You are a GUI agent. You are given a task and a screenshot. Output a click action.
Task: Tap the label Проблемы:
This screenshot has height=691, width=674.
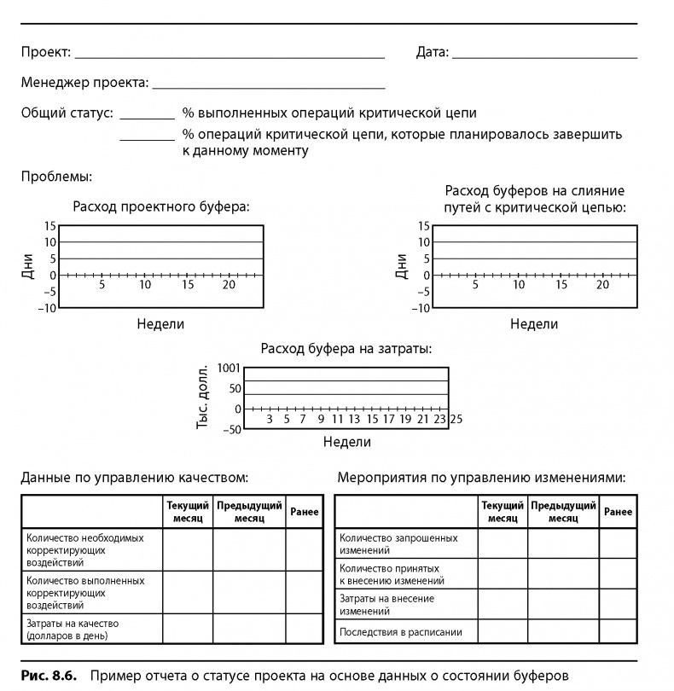(56, 177)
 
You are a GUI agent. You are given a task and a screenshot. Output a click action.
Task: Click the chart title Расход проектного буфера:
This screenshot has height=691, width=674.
(162, 206)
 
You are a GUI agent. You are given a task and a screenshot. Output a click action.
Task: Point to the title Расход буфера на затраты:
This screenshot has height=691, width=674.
(346, 349)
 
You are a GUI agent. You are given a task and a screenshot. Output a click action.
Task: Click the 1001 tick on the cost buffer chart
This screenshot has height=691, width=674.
(230, 369)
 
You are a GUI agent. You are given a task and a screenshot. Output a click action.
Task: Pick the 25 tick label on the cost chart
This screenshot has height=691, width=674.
(456, 420)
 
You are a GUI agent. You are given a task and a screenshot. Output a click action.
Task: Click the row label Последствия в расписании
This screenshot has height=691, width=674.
(401, 632)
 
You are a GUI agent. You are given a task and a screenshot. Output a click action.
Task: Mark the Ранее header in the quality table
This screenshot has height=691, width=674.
(305, 512)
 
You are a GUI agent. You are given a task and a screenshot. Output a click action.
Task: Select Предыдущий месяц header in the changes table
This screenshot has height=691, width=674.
(563, 512)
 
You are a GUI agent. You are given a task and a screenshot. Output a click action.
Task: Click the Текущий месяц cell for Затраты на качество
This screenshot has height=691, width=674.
(187, 630)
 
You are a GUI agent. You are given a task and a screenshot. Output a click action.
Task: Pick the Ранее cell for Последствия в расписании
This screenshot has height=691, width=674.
(618, 632)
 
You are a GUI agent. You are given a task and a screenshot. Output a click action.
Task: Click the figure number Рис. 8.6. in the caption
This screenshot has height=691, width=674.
(49, 676)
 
